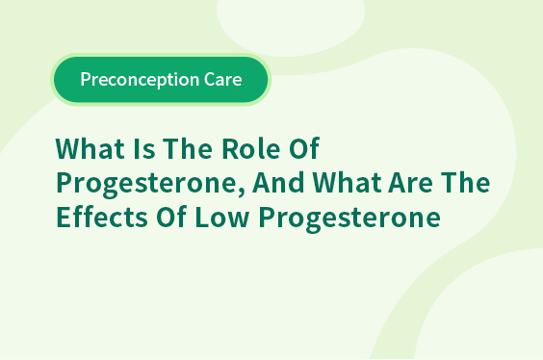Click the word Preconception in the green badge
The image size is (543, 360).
click(140, 80)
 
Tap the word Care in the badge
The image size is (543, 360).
click(223, 79)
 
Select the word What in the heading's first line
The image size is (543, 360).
click(90, 148)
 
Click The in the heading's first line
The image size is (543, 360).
click(188, 148)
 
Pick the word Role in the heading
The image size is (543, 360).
click(250, 148)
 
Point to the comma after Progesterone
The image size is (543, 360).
click(241, 192)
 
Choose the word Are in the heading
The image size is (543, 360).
click(410, 183)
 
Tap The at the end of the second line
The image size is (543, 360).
click(465, 182)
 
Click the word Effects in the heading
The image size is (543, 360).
click(102, 217)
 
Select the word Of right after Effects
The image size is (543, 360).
click(171, 217)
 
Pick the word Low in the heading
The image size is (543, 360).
click(222, 217)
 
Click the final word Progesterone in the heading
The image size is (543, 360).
click(349, 219)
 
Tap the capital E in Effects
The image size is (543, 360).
click(63, 217)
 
